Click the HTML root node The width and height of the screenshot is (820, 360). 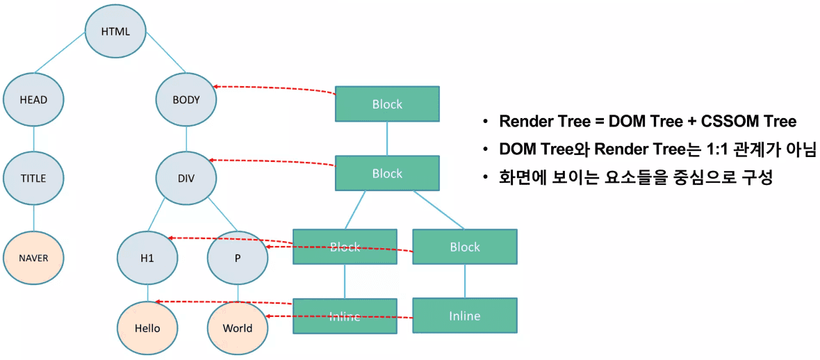point(115,31)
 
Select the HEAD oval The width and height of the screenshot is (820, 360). point(33,99)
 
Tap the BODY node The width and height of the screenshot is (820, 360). point(186,99)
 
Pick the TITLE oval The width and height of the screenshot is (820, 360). point(33,178)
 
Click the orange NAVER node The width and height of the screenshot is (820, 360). point(33,258)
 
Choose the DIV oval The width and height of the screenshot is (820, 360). point(186,178)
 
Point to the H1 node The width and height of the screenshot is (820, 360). point(147,258)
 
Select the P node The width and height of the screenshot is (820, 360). point(238,258)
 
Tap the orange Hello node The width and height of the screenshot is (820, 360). point(147,328)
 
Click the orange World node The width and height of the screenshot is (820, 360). point(238,328)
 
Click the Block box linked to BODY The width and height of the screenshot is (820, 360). point(387,104)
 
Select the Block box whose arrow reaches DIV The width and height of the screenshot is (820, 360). point(387,173)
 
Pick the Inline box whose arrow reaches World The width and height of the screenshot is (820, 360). point(464,316)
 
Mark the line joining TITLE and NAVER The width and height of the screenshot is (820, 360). point(33,218)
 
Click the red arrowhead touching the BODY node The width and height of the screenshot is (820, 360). point(218,86)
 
